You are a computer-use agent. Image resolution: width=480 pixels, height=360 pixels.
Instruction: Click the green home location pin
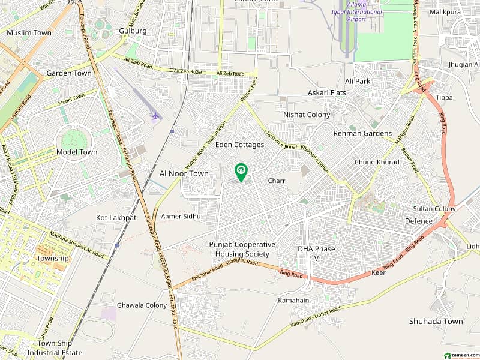pos(241,172)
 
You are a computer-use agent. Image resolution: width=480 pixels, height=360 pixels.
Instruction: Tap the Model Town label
pos(76,152)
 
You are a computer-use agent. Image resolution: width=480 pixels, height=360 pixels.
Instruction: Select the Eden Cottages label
pos(239,145)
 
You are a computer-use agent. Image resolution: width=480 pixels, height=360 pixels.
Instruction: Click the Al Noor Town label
pos(184,173)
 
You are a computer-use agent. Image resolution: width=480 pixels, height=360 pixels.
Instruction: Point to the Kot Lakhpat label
pos(116,217)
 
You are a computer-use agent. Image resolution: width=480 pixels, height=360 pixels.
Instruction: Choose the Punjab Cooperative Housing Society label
pos(242,249)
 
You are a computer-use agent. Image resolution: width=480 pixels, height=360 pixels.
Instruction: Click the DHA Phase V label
pos(316,253)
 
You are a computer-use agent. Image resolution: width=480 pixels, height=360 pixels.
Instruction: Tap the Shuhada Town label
pos(436,321)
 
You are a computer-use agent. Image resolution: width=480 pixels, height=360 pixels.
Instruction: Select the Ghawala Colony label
pos(142,305)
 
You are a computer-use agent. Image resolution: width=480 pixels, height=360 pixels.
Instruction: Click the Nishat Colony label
pos(307,114)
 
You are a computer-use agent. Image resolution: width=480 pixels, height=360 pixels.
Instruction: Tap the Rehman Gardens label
pos(362,133)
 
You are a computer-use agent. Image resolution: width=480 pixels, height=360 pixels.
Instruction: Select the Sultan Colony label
pos(434,209)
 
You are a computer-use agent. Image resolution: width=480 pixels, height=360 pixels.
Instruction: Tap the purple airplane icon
pos(156,115)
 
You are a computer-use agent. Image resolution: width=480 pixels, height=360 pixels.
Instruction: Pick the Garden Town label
pos(69,73)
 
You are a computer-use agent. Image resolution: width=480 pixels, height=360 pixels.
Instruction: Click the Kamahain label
pos(293,299)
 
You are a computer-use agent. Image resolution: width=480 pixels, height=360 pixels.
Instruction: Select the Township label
pos(53,258)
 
